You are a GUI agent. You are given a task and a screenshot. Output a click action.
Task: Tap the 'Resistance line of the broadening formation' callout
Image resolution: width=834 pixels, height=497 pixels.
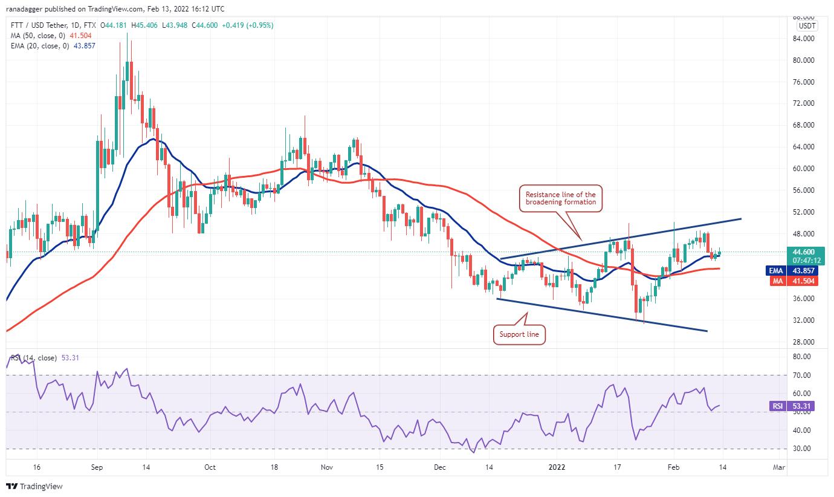tap(560, 198)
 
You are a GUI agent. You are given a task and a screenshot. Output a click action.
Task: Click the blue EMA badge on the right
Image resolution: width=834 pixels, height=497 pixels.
tap(775, 270)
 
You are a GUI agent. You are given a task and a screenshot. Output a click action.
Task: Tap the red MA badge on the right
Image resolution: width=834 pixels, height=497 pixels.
tap(776, 281)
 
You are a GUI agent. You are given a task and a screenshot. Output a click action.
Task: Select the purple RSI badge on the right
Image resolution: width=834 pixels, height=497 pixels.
tap(776, 406)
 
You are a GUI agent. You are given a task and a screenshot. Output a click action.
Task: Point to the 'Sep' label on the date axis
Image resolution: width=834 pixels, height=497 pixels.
tap(97, 467)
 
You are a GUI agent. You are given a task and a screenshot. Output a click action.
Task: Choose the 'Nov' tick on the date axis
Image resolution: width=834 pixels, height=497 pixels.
tap(326, 467)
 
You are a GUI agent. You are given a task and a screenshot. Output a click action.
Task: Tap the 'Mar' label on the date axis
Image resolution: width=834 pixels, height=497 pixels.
tap(779, 467)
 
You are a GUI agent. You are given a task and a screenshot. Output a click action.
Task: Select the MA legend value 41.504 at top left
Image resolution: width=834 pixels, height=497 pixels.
tap(80, 36)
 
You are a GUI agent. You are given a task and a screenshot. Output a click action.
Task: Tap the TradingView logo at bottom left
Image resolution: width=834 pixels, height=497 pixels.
tap(34, 486)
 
